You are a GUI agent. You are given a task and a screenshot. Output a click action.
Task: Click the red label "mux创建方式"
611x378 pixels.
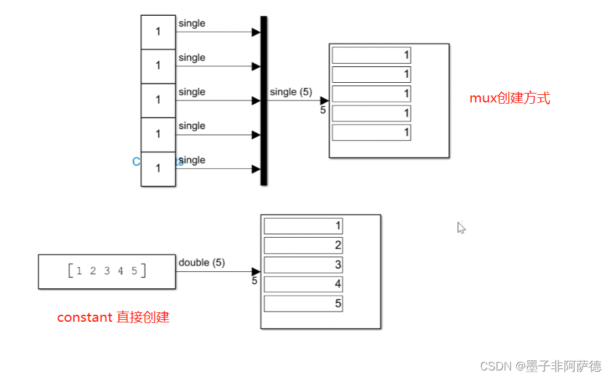(x=509, y=99)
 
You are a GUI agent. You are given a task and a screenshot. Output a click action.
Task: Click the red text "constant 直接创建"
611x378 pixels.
(x=113, y=317)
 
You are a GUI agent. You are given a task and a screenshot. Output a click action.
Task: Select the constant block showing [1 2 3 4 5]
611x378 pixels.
(x=106, y=272)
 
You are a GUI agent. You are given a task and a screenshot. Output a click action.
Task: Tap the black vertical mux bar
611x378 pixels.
(x=264, y=101)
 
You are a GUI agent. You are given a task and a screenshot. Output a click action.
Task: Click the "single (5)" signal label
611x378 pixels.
(x=291, y=92)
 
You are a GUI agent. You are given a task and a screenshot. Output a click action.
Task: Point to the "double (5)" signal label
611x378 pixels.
(x=202, y=262)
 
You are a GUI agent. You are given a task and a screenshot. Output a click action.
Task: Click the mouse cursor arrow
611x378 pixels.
(x=461, y=228)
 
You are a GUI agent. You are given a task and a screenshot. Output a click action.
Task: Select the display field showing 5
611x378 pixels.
(x=303, y=304)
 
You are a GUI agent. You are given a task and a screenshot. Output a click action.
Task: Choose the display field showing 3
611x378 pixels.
(x=303, y=265)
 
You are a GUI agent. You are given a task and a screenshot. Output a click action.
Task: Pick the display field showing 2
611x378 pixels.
(x=303, y=245)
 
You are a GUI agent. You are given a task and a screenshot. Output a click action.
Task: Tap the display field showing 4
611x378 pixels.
(x=303, y=284)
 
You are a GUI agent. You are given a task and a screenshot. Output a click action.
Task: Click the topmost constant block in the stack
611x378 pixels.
(x=158, y=32)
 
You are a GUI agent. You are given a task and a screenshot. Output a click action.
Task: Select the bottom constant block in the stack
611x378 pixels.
(x=158, y=169)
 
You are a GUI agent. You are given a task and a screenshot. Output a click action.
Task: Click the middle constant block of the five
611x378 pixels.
(x=158, y=101)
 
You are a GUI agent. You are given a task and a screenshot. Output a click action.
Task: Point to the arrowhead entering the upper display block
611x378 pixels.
(x=324, y=101)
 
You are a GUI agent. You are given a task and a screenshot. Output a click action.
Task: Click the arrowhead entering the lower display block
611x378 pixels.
(x=256, y=272)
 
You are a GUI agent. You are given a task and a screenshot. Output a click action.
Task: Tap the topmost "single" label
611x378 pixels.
(x=192, y=23)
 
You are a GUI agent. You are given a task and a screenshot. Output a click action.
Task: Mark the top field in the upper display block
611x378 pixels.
(x=371, y=55)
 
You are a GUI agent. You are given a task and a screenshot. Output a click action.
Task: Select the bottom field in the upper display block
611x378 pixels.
(x=371, y=133)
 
